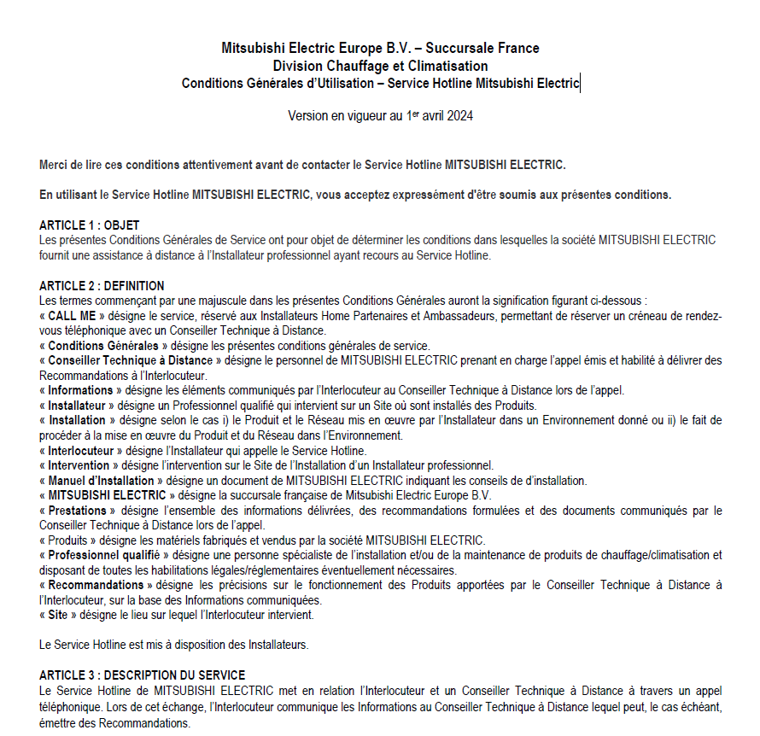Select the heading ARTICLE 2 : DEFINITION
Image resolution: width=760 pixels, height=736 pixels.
pos(102,286)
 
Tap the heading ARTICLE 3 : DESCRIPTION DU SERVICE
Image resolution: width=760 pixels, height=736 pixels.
pos(142,675)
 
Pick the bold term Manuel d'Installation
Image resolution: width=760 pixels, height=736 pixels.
pos(101,481)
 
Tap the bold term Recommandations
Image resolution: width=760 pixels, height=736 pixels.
pos(96,585)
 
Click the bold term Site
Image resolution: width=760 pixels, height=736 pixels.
pos(58,615)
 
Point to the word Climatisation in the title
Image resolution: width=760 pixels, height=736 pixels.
pos(447,66)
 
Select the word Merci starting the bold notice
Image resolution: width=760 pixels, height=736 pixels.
pos(56,164)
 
